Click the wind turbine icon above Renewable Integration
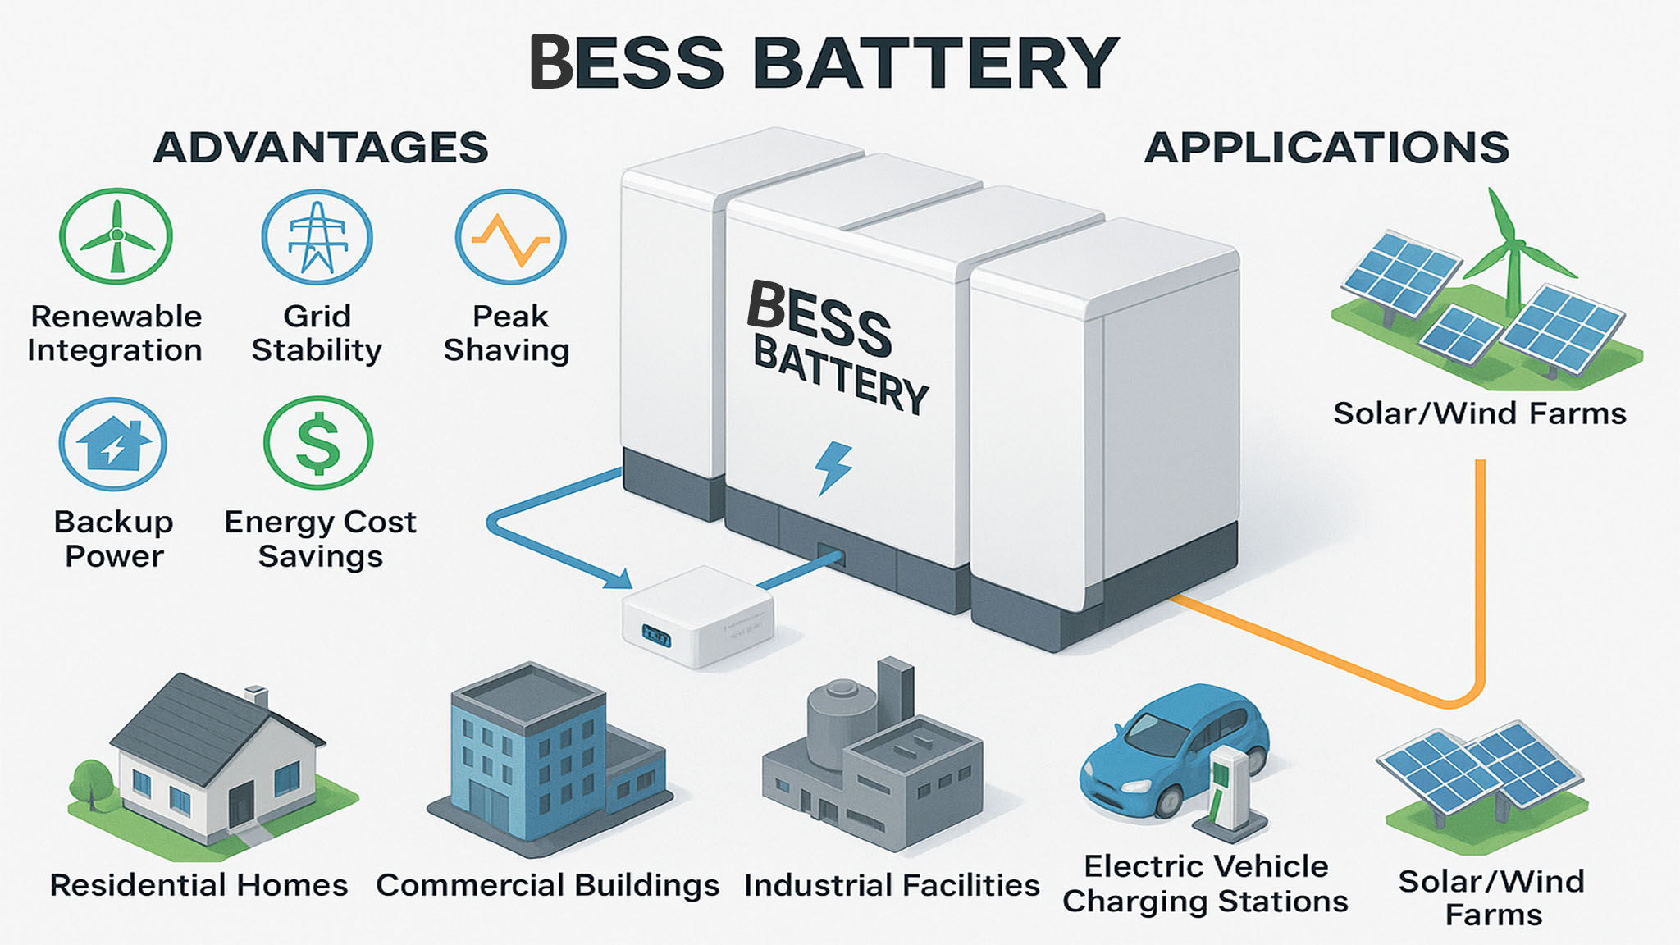click(x=116, y=236)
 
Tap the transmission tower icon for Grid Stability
click(x=317, y=237)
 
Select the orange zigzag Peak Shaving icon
click(x=511, y=237)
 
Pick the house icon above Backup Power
click(x=113, y=444)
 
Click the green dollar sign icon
click(x=318, y=443)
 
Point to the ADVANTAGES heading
click(x=321, y=148)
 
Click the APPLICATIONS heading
click(x=1326, y=148)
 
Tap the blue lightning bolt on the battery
click(x=833, y=468)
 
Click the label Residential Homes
click(x=199, y=885)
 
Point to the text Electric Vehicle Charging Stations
click(x=1205, y=883)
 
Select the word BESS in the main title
click(x=628, y=62)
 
